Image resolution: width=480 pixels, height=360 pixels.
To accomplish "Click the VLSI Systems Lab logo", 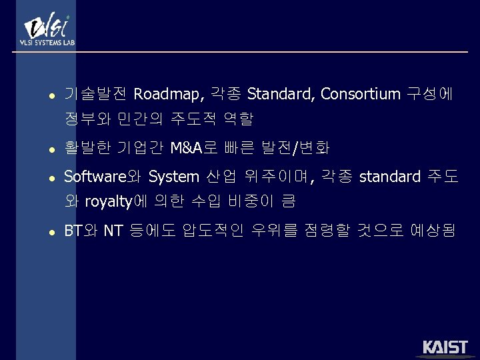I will tap(46, 30).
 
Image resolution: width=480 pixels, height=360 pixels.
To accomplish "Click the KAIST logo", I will tap(445, 347).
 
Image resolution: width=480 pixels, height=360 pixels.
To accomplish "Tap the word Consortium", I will tap(360, 95).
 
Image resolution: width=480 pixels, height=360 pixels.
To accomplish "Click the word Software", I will tap(94, 177).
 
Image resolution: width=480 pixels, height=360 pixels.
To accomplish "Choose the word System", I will tap(173, 177).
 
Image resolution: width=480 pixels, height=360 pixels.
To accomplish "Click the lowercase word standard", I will tap(389, 177).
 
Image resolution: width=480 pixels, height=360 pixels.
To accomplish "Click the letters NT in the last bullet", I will tap(113, 231).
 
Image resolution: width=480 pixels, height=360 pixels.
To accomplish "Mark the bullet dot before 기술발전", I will tap(43, 96).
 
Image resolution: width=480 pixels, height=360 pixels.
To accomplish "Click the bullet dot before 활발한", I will tap(43, 149).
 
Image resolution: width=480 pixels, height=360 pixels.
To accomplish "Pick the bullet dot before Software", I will tap(43, 178).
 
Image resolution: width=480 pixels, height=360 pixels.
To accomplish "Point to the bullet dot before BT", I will tap(43, 233).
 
